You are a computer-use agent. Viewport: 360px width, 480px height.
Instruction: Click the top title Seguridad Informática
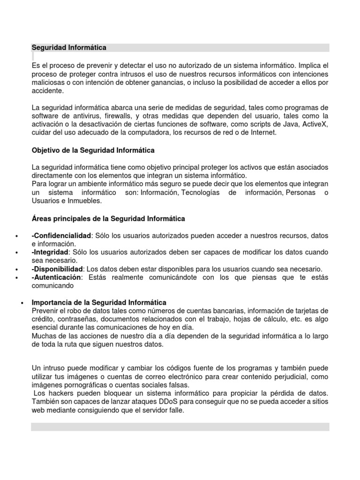(69, 48)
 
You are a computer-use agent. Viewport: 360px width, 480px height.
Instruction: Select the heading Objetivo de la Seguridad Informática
(93, 150)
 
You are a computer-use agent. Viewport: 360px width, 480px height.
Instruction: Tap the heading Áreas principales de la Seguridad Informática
(108, 218)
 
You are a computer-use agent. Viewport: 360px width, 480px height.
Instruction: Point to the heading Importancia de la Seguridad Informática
(99, 302)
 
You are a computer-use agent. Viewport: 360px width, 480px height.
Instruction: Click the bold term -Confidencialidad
(61, 235)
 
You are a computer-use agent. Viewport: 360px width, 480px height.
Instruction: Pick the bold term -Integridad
(50, 252)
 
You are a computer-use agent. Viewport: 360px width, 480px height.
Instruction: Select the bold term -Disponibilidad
(57, 269)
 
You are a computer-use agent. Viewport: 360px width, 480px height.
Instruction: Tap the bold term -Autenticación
(56, 277)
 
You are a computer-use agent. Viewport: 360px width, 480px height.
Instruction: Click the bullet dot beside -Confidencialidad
(17, 236)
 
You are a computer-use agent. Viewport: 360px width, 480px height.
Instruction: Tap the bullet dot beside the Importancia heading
(23, 303)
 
